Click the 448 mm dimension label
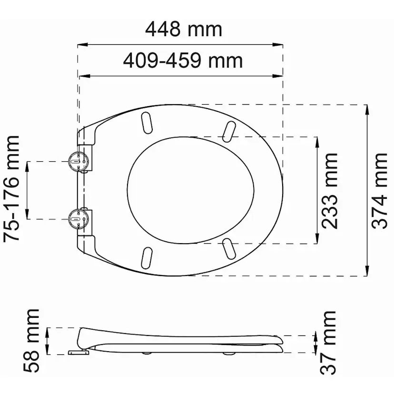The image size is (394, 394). click(184, 30)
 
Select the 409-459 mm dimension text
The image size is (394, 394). click(183, 60)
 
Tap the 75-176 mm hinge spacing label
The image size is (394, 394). click(11, 189)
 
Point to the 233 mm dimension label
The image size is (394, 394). click(330, 191)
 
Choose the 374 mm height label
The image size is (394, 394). click(379, 191)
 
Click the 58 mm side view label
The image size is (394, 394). click(31, 341)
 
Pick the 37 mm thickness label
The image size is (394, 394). click(328, 343)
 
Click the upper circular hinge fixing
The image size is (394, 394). click(79, 161)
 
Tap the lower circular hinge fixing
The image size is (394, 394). click(79, 219)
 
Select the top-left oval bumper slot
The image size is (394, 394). click(147, 123)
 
